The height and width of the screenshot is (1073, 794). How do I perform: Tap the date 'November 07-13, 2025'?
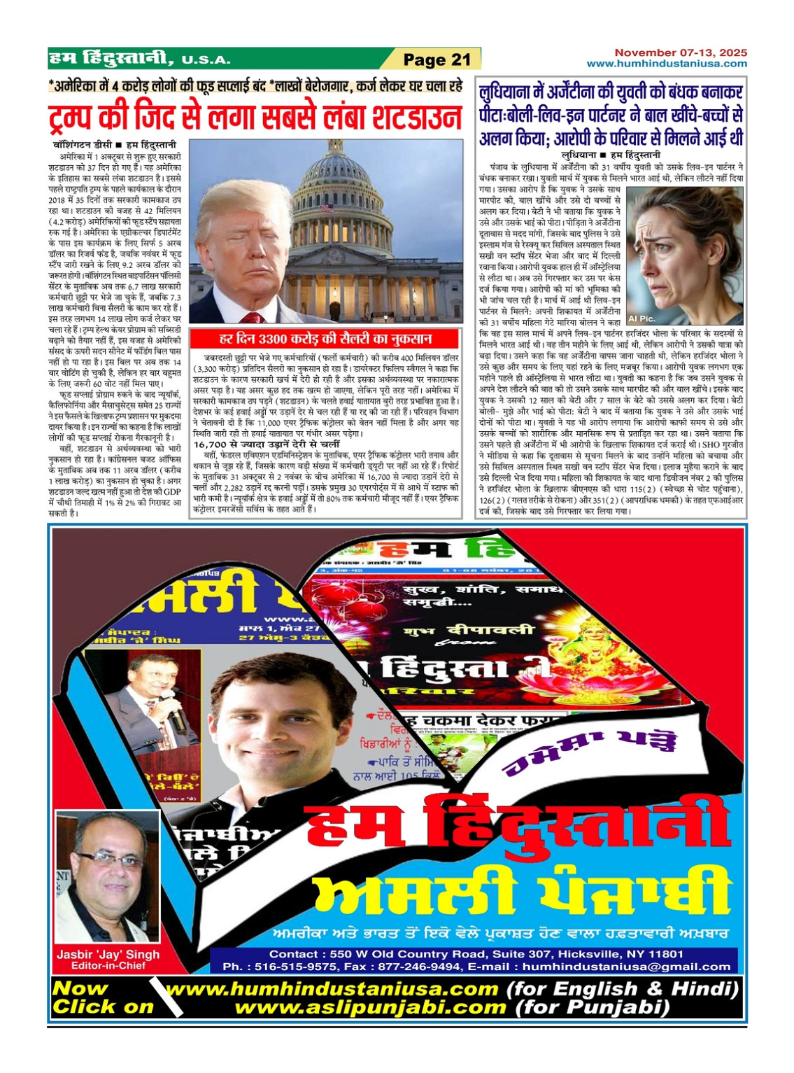(681, 52)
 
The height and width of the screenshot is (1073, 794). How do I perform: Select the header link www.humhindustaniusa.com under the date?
(667, 64)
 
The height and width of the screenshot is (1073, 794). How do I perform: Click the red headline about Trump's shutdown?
(255, 116)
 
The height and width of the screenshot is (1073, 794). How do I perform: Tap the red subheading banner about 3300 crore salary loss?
(325, 339)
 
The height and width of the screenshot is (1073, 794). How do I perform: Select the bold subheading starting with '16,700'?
(267, 444)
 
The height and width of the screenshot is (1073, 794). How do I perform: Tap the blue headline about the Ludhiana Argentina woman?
(611, 115)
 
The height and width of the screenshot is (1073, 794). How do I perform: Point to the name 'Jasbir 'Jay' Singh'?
(108, 954)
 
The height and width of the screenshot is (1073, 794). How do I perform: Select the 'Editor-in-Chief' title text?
(108, 966)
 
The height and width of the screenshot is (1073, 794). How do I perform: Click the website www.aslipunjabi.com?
(370, 1008)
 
